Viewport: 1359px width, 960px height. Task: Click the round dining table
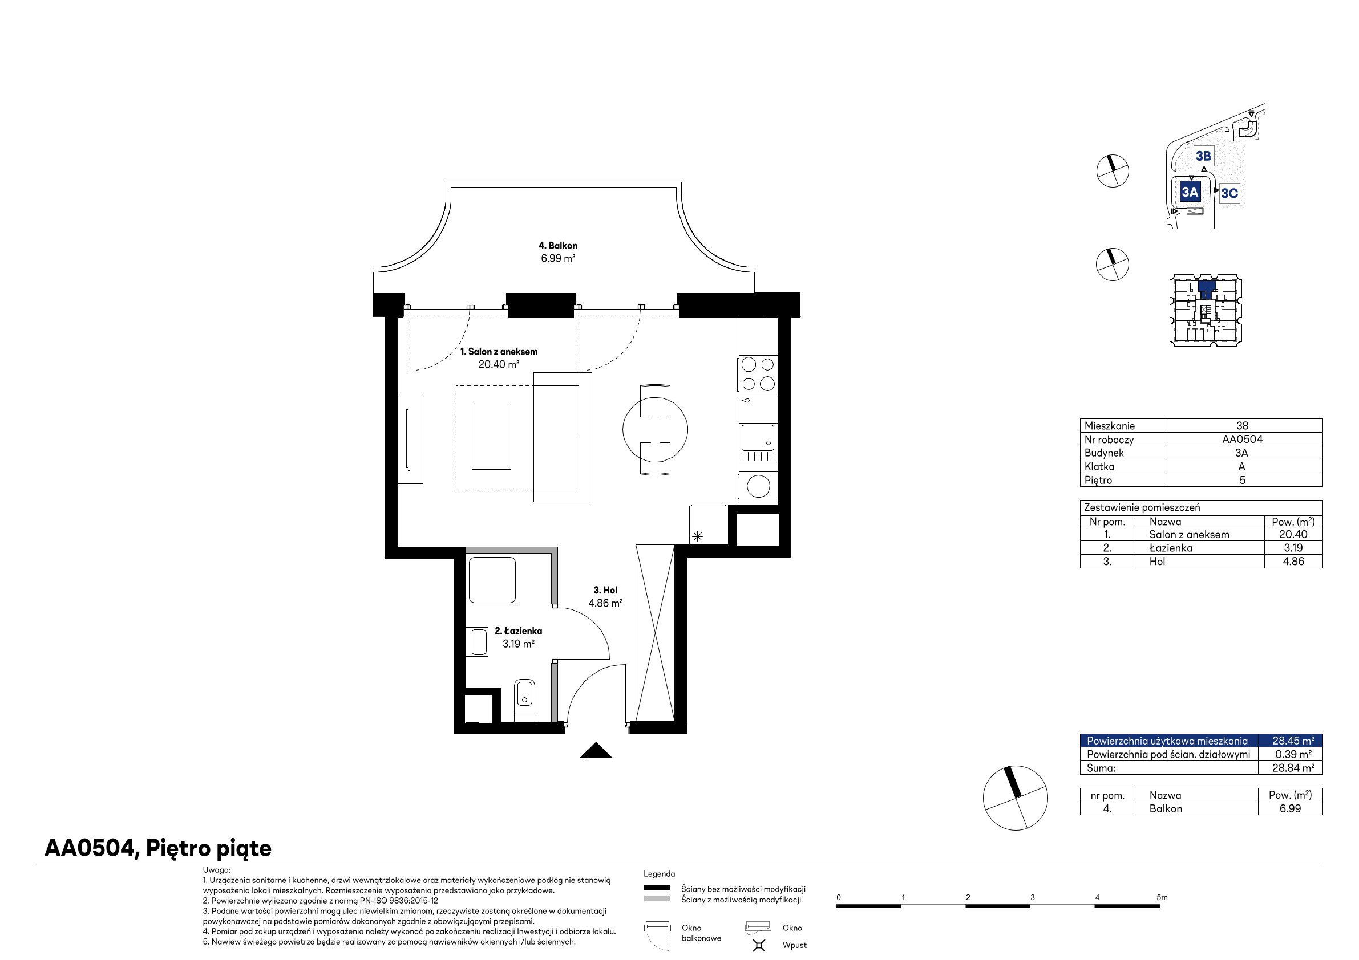(x=655, y=429)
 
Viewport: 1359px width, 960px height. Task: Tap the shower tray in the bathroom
(x=492, y=580)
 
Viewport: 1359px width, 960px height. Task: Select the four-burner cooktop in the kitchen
(x=758, y=374)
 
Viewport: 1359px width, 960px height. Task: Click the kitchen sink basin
(x=758, y=438)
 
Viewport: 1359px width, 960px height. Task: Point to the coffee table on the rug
(x=491, y=437)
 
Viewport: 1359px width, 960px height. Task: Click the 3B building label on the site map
(x=1203, y=156)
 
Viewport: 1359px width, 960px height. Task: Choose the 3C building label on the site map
(x=1229, y=193)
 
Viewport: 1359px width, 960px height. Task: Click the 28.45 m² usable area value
(x=1293, y=741)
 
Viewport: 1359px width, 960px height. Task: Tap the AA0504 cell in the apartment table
(x=1243, y=440)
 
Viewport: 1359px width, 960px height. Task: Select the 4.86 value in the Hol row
(x=1293, y=562)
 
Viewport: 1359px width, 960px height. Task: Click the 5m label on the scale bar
(x=1162, y=897)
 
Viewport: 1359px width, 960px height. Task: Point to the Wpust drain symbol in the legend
(x=759, y=945)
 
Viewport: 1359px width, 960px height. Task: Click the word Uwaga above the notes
(x=217, y=870)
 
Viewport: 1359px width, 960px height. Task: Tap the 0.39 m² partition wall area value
(x=1293, y=754)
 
